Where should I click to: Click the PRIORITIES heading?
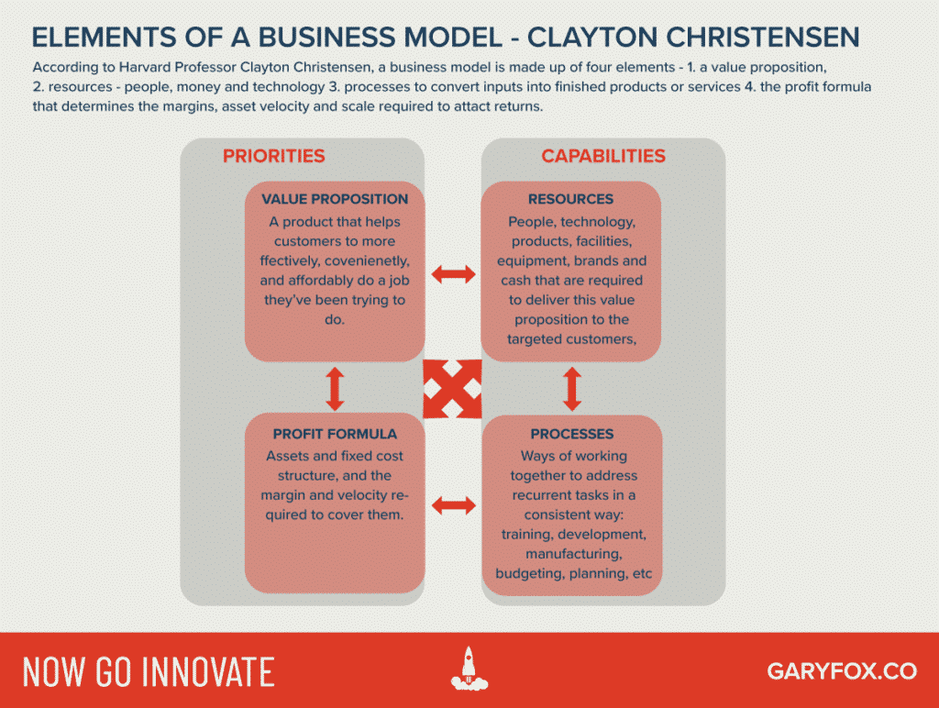273,156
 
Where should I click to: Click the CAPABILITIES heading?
602,156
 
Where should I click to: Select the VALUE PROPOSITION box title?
335,199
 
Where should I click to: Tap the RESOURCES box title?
571,199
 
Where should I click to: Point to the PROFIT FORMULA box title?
335,434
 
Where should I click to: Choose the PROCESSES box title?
571,434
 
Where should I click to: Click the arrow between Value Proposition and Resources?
453,272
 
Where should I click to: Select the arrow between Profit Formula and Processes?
453,503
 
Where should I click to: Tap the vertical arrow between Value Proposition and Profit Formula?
335,389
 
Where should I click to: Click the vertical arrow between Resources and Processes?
572,389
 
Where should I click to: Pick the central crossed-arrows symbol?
453,389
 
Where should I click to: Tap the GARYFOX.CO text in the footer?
841,671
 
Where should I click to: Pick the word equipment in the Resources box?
534,261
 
